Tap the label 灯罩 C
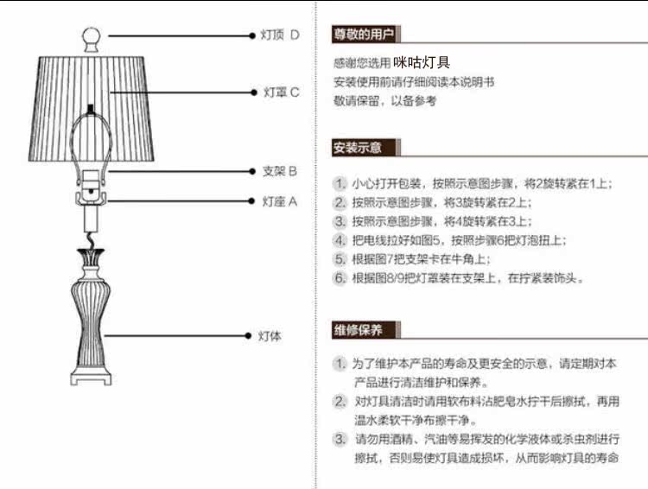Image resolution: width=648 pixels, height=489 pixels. click(282, 92)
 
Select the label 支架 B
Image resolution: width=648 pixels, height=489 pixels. click(279, 171)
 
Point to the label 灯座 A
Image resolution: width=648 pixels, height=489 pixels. click(279, 201)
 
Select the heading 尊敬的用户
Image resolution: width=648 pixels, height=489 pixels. click(364, 35)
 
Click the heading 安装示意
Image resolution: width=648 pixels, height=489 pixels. click(358, 147)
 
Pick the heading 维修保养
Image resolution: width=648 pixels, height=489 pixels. click(358, 330)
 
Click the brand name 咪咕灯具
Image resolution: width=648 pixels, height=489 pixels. click(422, 62)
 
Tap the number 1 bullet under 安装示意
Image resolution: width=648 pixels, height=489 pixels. click(340, 184)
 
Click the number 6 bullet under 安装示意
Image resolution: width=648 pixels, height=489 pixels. click(340, 278)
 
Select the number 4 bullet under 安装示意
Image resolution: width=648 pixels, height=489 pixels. click(340, 240)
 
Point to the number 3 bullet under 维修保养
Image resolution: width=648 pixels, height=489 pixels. click(340, 439)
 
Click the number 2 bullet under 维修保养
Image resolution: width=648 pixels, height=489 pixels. click(340, 402)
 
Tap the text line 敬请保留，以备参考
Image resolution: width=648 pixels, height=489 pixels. click(385, 101)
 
